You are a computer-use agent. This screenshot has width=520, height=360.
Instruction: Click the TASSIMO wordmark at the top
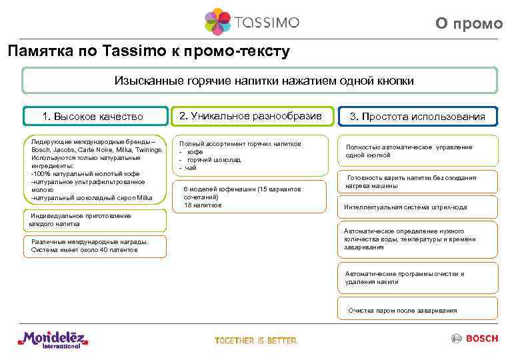(266, 22)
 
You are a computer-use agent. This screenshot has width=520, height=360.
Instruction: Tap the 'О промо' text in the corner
(469, 23)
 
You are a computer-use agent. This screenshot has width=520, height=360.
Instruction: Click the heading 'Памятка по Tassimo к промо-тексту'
(148, 51)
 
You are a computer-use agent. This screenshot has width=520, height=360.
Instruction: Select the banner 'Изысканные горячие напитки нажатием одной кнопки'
(259, 81)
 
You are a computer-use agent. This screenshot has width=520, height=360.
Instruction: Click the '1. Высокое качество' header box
(93, 117)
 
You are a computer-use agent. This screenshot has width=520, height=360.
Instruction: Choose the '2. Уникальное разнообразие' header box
(250, 116)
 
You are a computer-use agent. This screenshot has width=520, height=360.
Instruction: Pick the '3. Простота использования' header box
(417, 117)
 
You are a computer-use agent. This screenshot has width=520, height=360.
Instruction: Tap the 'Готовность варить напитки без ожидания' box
(417, 182)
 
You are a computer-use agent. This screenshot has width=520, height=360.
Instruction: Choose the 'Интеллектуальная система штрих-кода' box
(417, 207)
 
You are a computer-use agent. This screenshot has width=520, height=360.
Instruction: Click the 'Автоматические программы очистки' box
(417, 277)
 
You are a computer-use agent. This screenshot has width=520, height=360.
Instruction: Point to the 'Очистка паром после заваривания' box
(417, 310)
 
